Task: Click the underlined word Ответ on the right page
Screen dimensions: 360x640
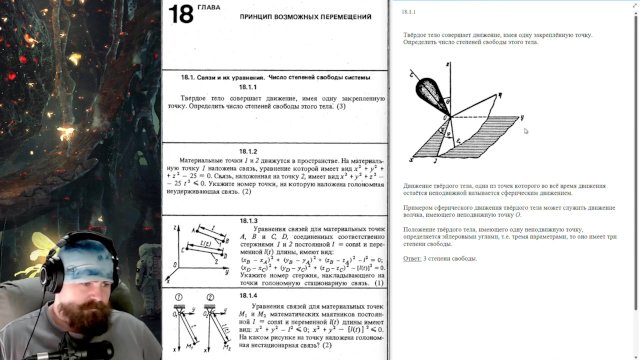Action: (412, 259)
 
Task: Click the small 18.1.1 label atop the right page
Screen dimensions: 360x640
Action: (409, 14)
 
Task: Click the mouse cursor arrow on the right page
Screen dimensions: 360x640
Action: (526, 129)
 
